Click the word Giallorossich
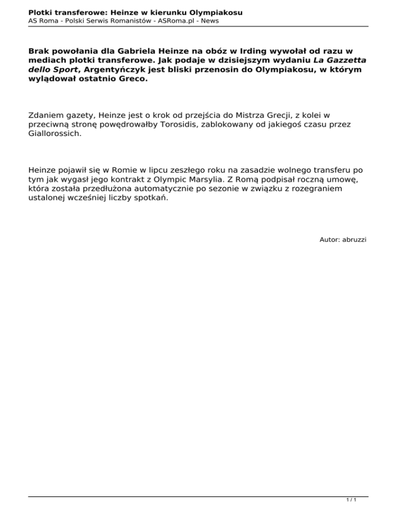[54, 134]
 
